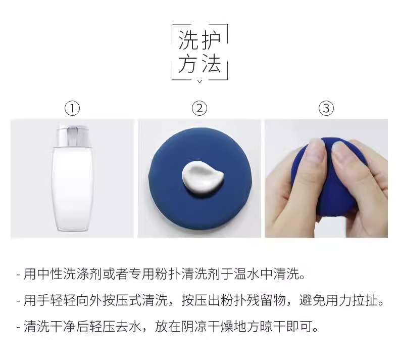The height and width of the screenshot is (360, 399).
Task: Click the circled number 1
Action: tap(72, 108)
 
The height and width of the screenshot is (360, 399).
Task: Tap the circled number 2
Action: tap(199, 108)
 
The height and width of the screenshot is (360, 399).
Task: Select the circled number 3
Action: tap(326, 108)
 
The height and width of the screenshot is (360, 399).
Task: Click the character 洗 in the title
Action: tap(188, 40)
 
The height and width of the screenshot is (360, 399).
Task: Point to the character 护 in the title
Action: tap(211, 40)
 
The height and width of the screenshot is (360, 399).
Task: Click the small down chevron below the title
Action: tap(200, 81)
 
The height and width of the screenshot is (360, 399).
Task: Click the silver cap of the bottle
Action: tap(73, 136)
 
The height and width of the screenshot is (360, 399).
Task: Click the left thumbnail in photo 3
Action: tap(316, 148)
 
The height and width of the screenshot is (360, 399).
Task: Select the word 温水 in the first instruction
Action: tap(246, 274)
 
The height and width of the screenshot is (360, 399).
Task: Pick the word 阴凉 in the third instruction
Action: tap(194, 326)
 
